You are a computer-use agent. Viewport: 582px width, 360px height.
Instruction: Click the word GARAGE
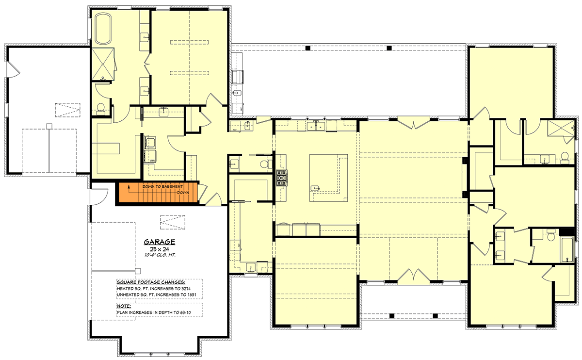159,242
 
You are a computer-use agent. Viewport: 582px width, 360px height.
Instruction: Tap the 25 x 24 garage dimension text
159,249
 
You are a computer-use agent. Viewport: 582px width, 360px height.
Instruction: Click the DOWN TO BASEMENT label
162,187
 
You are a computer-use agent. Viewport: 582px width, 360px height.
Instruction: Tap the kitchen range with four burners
281,178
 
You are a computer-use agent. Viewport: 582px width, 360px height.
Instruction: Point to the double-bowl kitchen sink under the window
316,127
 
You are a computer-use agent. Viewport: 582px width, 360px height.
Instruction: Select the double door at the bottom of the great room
413,276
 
